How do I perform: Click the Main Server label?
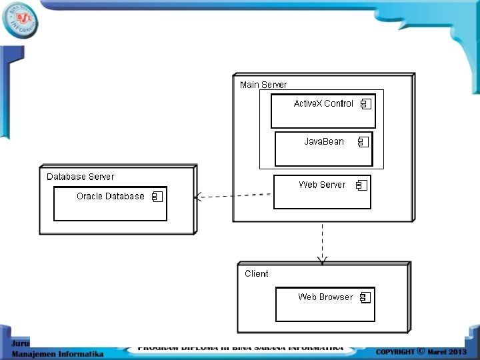(263, 85)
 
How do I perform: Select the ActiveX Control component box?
(323, 111)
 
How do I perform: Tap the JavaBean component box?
(323, 149)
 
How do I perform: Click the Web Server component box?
(322, 192)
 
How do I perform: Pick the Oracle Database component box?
(110, 203)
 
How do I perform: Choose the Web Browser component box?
(325, 304)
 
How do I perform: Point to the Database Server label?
(80, 177)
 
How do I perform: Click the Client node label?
(257, 273)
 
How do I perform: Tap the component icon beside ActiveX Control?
(365, 104)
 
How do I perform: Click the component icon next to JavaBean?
(363, 142)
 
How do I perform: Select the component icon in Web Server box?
(361, 185)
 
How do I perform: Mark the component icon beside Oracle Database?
(157, 197)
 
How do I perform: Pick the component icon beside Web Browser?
(365, 297)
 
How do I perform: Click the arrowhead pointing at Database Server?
(197, 197)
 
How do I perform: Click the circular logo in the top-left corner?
(20, 20)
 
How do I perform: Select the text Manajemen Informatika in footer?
(57, 354)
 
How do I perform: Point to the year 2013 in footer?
(458, 351)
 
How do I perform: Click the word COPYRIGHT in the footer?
(395, 351)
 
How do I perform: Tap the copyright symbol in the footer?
(421, 351)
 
